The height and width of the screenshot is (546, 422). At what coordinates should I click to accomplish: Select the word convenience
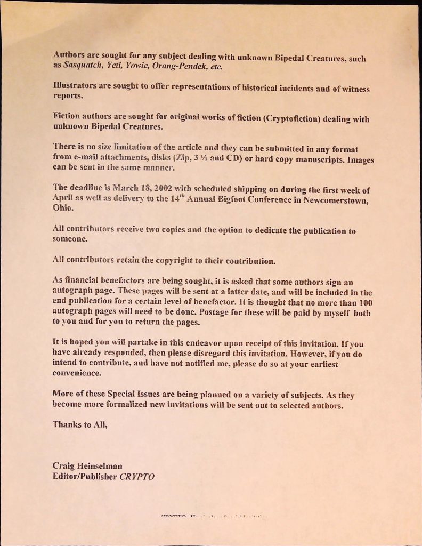[x=77, y=373]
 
